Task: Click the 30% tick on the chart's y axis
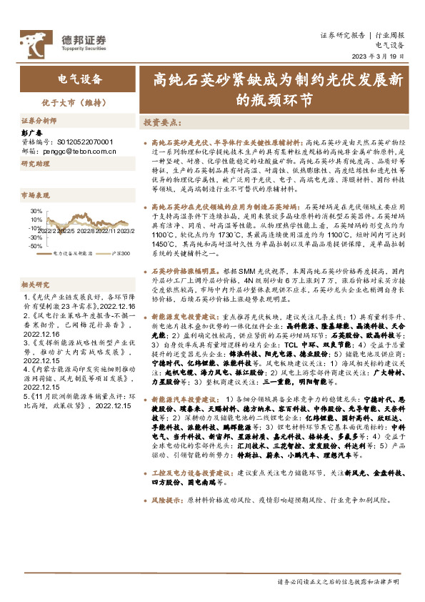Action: pos(35,212)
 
